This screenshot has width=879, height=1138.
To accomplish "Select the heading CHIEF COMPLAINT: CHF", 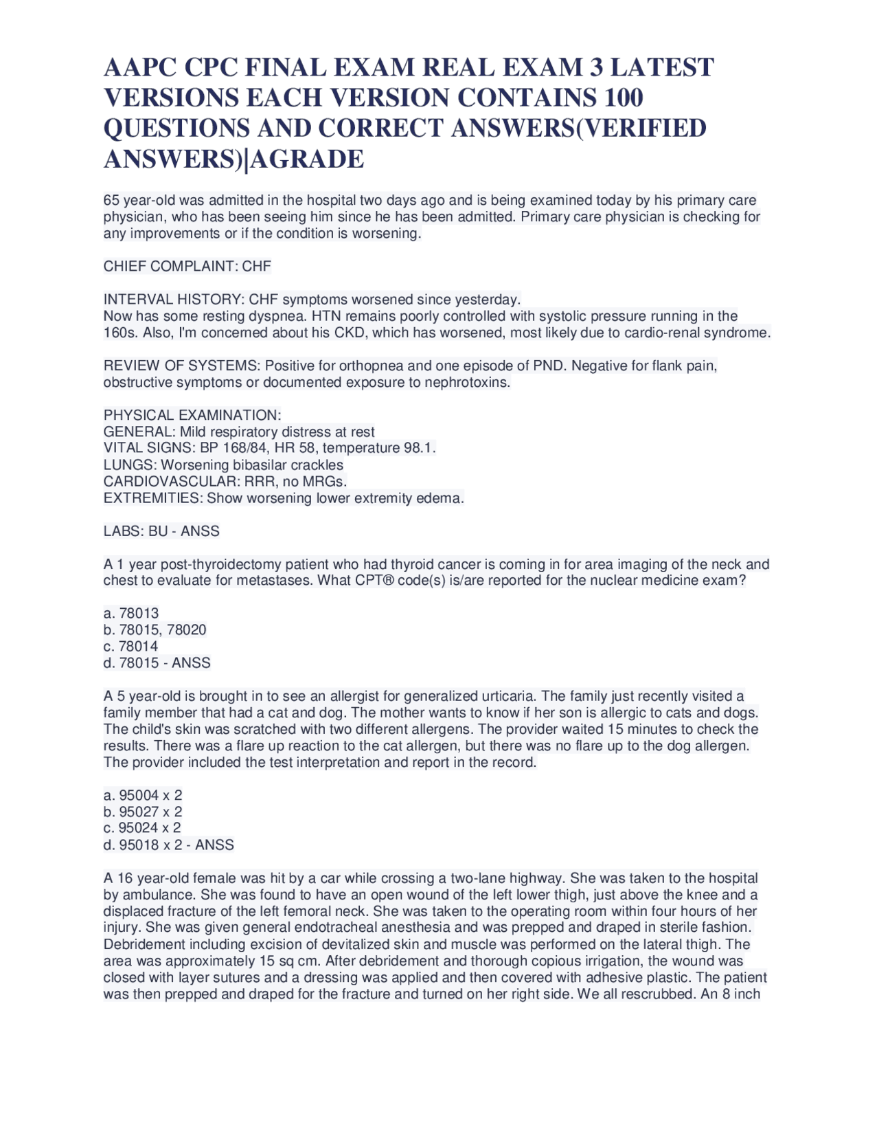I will point(187,266).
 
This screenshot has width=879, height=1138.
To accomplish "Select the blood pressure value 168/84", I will point(244,448).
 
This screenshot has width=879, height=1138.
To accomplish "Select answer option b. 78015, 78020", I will point(155,629).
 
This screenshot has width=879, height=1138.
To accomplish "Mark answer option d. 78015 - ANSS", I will point(157,663).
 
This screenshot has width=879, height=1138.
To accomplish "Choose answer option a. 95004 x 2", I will point(143,795).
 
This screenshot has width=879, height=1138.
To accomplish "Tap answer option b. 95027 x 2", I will point(143,812).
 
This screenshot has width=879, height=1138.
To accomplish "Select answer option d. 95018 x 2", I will point(143,845).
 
